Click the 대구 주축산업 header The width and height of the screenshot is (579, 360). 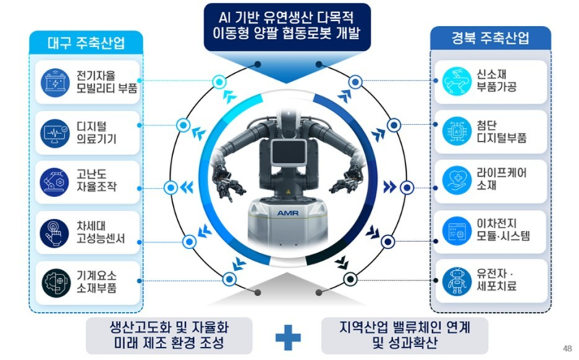tap(87, 42)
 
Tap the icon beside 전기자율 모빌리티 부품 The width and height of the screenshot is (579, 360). tap(55, 81)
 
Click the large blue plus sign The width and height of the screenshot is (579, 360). tap(287, 335)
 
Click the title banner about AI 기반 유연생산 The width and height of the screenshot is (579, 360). tap(287, 25)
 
